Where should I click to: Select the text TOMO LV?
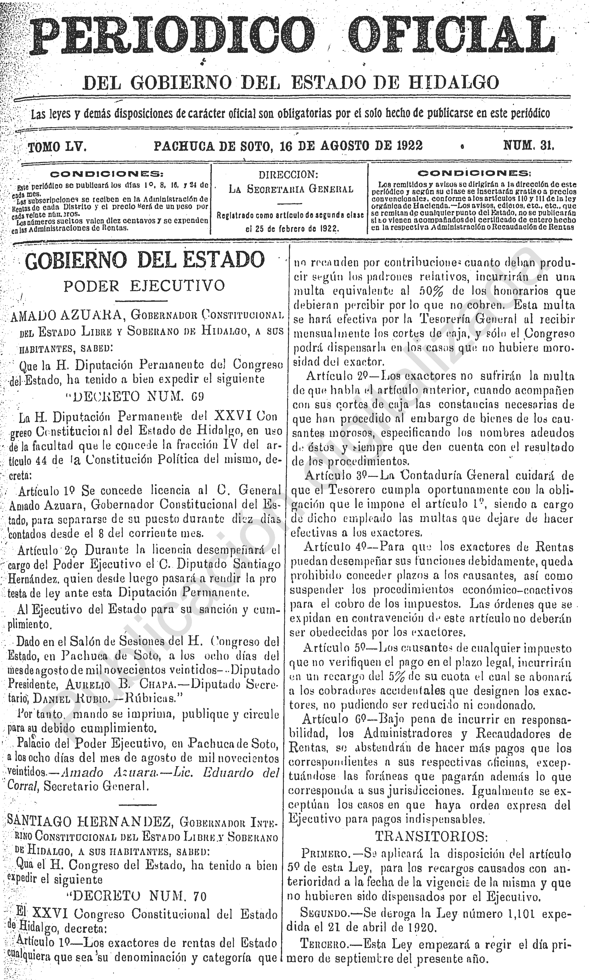click(x=57, y=147)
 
